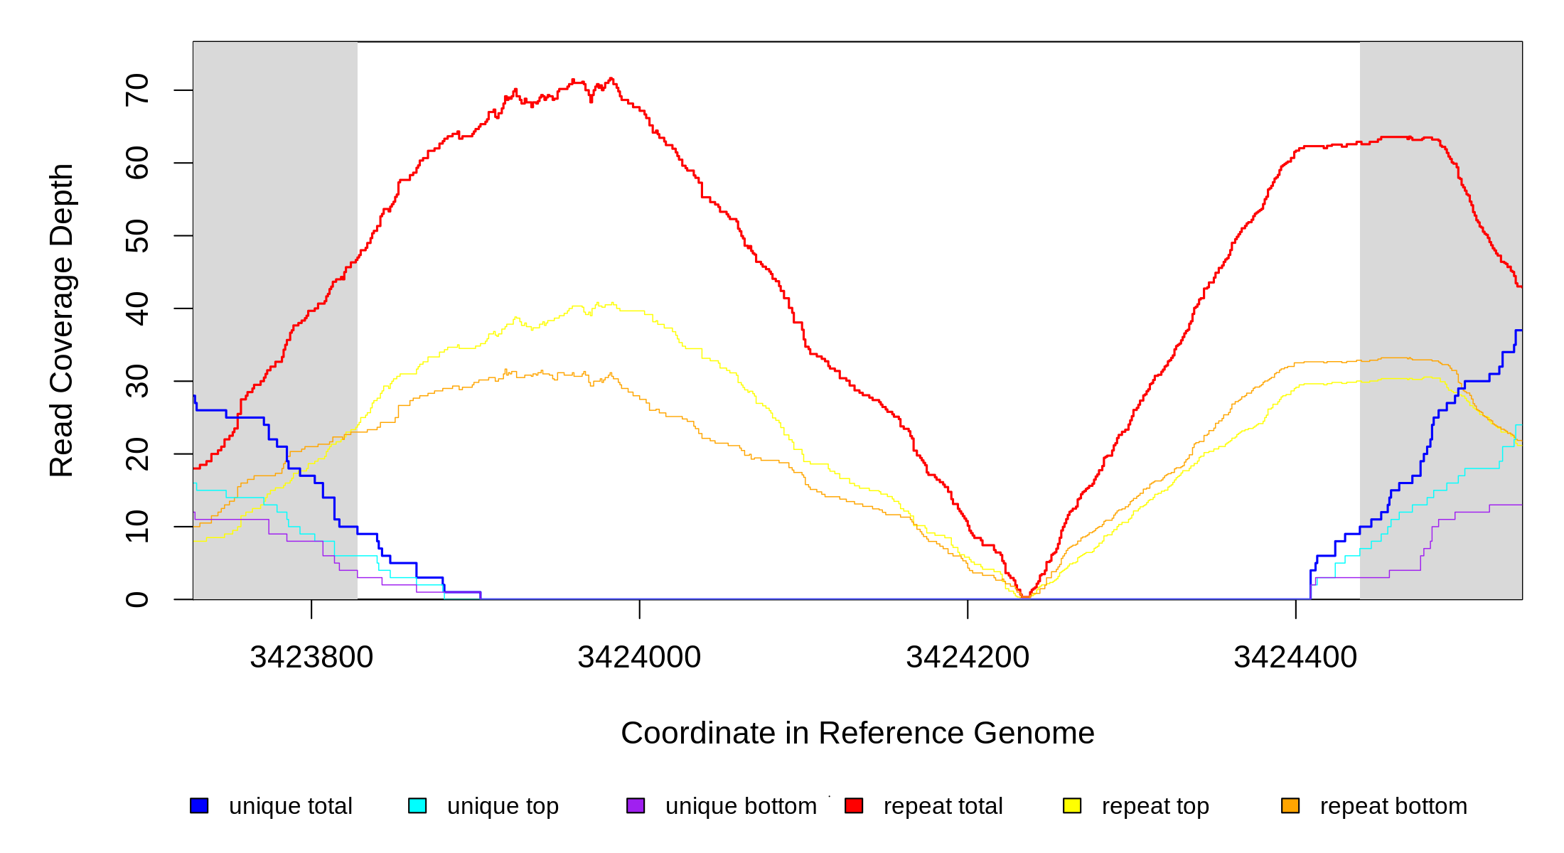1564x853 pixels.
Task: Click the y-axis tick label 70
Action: point(136,90)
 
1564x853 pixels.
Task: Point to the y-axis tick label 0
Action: point(136,599)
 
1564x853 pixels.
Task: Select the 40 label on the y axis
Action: point(136,309)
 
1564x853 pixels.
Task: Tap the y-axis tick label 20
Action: point(136,454)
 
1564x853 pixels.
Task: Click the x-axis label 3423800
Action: point(311,657)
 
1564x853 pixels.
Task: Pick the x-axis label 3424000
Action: point(639,657)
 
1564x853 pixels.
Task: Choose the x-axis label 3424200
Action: point(968,657)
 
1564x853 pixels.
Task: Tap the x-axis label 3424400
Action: point(1295,657)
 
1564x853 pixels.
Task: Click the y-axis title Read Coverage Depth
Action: point(61,320)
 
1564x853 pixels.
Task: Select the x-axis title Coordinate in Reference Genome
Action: point(857,733)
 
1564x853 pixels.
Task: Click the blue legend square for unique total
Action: point(199,805)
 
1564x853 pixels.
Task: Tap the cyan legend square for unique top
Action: point(417,805)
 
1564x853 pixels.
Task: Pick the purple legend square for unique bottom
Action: point(636,805)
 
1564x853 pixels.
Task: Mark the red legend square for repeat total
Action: point(854,805)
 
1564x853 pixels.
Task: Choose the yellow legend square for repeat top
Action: point(1072,805)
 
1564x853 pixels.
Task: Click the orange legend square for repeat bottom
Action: point(1290,805)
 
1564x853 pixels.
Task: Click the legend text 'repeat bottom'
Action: point(1393,806)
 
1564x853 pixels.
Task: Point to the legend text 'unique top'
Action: point(503,806)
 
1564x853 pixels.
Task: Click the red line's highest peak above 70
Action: point(611,79)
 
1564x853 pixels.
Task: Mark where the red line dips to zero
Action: point(1024,597)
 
